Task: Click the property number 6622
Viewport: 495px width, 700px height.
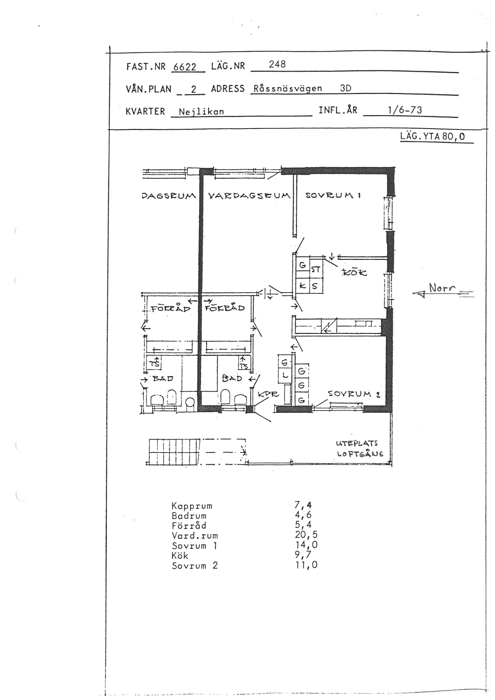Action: tap(185, 67)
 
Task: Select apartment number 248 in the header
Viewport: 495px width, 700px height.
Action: tap(277, 64)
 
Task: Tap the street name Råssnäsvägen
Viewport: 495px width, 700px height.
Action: tap(288, 89)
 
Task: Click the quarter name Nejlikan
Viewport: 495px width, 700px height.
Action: tap(201, 112)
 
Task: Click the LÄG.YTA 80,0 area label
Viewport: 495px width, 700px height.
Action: tap(433, 136)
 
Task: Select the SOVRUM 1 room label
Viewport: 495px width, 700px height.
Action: tap(333, 195)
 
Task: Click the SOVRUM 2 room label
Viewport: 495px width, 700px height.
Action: tap(354, 394)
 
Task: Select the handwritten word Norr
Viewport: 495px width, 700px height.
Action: tap(442, 287)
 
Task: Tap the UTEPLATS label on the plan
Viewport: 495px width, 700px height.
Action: tap(357, 443)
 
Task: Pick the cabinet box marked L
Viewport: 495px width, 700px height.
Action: tap(285, 376)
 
